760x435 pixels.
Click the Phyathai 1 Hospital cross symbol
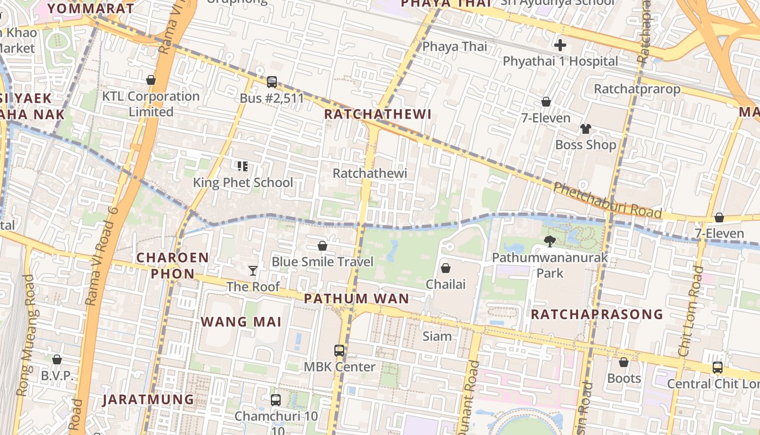(560, 45)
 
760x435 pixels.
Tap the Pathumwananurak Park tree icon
(550, 241)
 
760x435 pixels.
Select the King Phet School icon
(243, 166)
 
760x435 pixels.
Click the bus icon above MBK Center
(339, 351)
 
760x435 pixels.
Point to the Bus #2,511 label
(272, 98)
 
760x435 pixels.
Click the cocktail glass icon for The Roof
(252, 270)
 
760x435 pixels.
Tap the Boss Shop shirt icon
(585, 129)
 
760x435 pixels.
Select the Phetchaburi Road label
(607, 200)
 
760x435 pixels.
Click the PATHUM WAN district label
(356, 299)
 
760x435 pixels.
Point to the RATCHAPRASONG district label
(597, 314)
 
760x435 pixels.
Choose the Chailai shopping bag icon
(445, 268)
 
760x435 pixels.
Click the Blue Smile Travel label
(322, 262)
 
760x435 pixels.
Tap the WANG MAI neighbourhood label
(241, 322)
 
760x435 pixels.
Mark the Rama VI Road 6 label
(102, 256)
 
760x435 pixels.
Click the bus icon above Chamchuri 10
(276, 400)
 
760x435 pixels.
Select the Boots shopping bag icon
(624, 362)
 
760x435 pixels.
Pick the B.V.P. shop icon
(57, 359)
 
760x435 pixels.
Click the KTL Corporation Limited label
(151, 104)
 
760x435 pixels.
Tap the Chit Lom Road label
(690, 311)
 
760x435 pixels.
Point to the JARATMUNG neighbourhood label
(148, 400)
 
